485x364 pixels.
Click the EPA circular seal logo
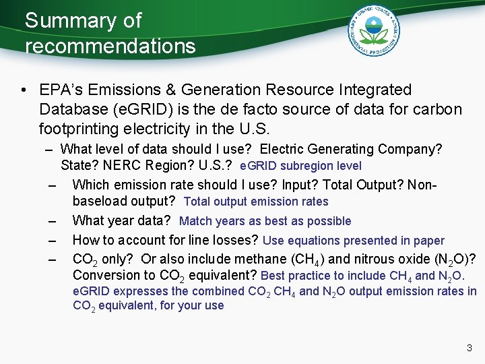click(x=375, y=30)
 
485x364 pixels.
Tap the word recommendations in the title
click(x=110, y=47)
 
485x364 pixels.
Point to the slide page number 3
click(x=470, y=348)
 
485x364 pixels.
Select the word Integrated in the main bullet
click(x=379, y=90)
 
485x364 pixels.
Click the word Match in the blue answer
click(x=195, y=221)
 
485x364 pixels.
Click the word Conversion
click(x=104, y=275)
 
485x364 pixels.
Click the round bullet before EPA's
click(x=24, y=90)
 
